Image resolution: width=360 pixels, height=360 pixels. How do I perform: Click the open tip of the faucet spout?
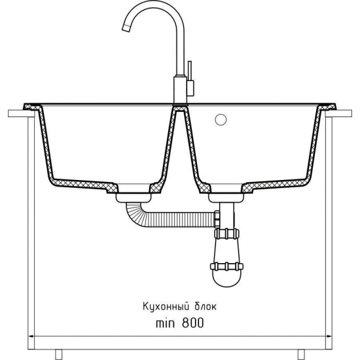coord(126,29)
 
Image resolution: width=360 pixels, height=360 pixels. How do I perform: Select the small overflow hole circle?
coord(221,120)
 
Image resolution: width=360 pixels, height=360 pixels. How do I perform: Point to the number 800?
coord(193,323)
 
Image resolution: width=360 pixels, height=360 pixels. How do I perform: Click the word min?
coord(165,323)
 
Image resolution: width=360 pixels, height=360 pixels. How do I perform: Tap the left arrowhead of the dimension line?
coord(31,336)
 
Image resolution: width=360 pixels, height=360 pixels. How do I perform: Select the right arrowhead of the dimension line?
coord(329,336)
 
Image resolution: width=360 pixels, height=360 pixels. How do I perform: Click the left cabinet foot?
coord(59,355)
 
